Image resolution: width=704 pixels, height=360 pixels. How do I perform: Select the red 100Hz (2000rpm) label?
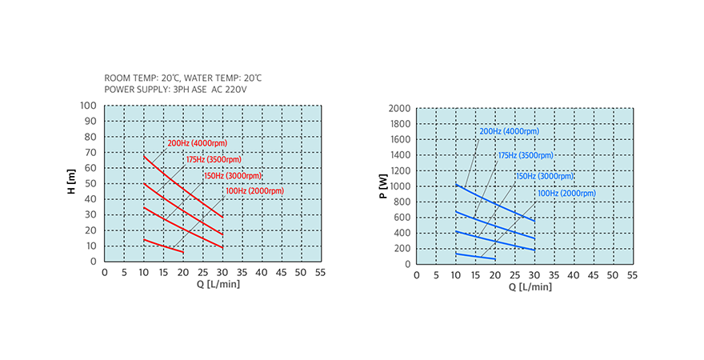(x=254, y=191)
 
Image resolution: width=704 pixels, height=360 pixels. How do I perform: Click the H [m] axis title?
(x=71, y=183)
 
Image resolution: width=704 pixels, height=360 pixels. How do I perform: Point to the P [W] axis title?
(x=383, y=186)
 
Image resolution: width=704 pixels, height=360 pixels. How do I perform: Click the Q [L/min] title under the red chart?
(x=213, y=285)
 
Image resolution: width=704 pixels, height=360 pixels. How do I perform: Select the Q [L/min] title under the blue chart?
(x=523, y=287)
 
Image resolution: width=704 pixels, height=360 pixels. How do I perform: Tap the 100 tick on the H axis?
(x=88, y=106)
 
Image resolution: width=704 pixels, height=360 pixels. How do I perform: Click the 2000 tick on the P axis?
(x=399, y=109)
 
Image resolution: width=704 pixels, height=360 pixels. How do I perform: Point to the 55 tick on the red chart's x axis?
(x=321, y=273)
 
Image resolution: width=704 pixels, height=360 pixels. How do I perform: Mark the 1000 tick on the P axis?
(x=399, y=186)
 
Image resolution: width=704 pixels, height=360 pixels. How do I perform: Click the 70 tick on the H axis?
(x=91, y=152)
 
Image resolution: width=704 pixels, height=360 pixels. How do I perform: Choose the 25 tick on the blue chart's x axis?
(x=514, y=275)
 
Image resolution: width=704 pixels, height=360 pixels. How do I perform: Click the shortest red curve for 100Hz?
(x=164, y=246)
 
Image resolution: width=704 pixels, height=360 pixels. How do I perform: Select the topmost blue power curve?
(x=496, y=202)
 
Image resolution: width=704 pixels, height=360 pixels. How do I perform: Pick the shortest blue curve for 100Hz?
(x=476, y=256)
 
